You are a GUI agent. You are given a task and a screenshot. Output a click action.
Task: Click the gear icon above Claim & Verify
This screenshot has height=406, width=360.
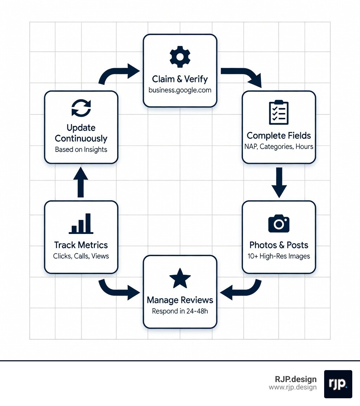tap(180, 56)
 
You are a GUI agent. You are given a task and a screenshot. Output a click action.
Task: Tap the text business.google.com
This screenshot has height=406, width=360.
tap(180, 90)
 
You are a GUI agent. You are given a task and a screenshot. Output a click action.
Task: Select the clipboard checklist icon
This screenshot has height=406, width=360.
tap(278, 113)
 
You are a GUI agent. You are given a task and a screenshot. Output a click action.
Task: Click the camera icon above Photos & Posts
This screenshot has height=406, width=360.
tap(278, 223)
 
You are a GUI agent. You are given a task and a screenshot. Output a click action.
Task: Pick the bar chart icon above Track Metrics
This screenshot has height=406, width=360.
tap(81, 224)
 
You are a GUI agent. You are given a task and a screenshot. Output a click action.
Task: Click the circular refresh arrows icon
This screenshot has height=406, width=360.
tap(81, 108)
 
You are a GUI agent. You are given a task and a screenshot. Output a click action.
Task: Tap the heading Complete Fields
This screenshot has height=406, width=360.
tap(279, 135)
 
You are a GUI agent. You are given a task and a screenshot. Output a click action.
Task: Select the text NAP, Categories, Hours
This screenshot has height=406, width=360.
tap(279, 146)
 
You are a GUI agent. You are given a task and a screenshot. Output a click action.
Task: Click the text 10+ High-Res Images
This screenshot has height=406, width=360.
tap(279, 256)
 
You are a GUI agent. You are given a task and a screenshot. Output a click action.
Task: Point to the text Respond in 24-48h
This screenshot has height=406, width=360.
tap(180, 311)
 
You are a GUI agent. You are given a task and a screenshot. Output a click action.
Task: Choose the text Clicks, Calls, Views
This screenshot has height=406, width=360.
tap(81, 256)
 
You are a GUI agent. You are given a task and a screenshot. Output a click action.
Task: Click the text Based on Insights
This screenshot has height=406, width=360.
tap(81, 150)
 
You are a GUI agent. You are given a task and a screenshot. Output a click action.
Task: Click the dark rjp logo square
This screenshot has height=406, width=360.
tap(338, 384)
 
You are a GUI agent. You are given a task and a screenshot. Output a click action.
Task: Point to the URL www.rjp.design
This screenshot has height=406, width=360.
tap(292, 387)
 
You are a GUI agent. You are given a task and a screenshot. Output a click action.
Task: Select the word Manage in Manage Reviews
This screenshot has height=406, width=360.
tap(163, 300)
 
